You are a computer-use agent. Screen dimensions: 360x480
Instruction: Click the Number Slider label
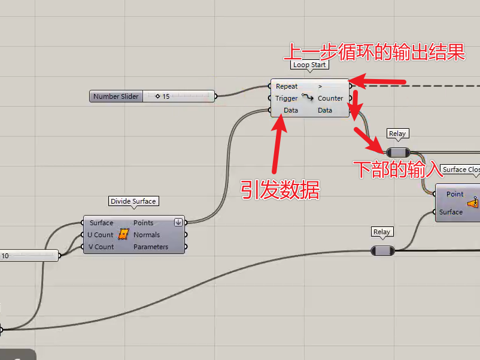click(116, 96)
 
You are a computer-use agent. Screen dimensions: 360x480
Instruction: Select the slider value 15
click(166, 96)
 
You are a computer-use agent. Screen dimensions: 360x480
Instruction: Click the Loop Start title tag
click(310, 65)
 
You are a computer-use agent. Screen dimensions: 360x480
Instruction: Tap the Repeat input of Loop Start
click(287, 86)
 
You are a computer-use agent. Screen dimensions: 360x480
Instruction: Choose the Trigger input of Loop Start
click(287, 98)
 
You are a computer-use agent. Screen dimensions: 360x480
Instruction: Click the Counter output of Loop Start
click(330, 98)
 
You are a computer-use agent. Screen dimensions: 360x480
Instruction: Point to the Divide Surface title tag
click(133, 201)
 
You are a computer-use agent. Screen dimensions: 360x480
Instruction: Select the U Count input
click(101, 235)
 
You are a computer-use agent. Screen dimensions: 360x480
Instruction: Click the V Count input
click(101, 247)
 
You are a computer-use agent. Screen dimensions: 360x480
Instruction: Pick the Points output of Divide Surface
click(144, 223)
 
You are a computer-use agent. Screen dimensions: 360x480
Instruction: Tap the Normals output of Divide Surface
click(147, 235)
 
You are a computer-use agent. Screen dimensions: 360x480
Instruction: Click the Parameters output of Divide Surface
click(151, 247)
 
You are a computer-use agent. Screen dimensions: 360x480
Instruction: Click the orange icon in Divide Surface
click(124, 234)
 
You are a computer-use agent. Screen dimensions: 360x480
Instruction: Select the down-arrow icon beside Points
click(178, 222)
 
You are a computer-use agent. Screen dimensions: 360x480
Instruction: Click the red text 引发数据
click(280, 190)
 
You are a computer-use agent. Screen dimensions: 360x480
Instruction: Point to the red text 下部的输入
click(396, 170)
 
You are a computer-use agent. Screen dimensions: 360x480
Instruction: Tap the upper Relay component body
click(397, 152)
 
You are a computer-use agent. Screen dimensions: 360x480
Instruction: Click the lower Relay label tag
click(382, 232)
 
